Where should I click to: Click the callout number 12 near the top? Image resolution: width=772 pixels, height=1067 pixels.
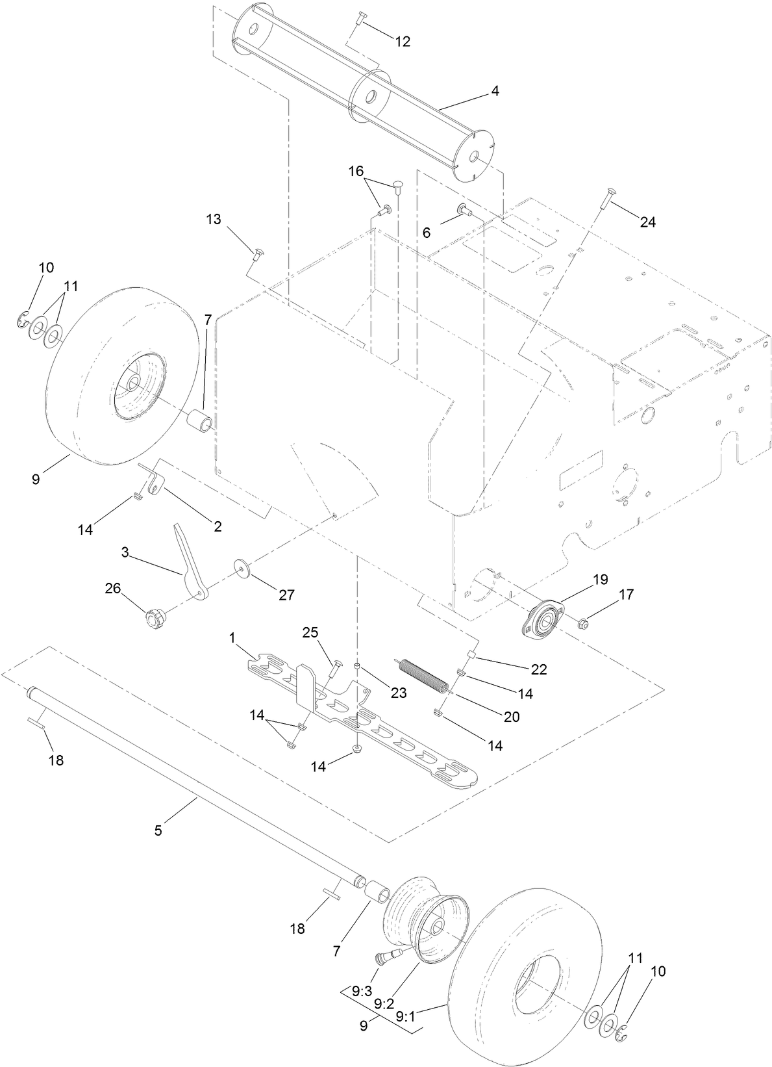(x=403, y=42)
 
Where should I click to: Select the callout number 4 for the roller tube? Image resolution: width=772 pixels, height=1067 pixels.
(x=495, y=92)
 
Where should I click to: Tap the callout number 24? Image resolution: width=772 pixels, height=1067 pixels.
(x=647, y=222)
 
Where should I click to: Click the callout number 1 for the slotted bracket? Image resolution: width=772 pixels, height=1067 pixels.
(x=232, y=639)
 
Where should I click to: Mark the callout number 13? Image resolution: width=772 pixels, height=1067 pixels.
(x=214, y=219)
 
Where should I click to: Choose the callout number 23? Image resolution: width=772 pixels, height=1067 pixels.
(x=398, y=693)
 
